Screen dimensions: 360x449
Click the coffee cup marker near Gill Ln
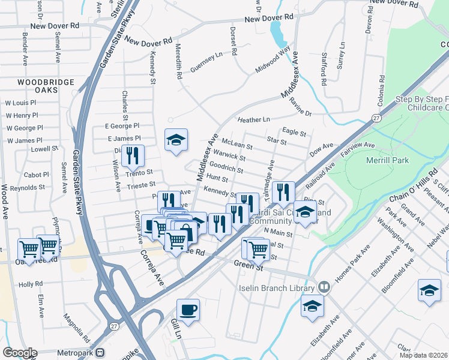point(188,310)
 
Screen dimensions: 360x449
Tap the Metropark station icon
point(100,353)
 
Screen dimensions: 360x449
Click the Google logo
point(20,353)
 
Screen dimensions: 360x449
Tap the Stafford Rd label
point(324,71)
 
